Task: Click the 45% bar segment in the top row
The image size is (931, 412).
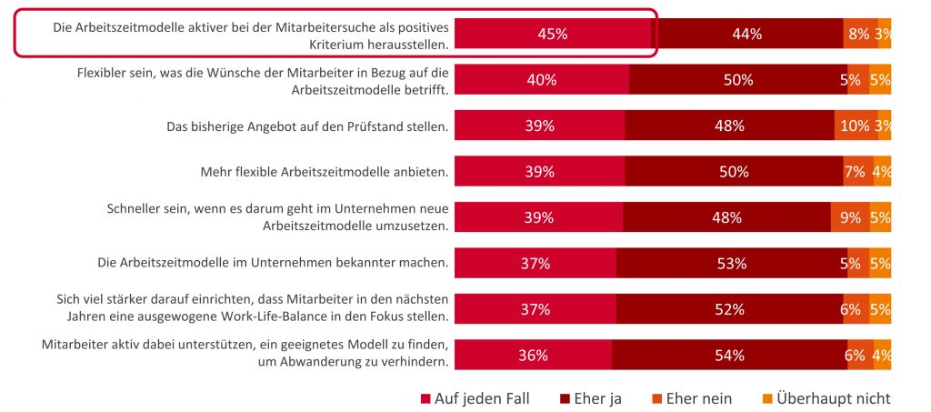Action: pyautogui.click(x=553, y=34)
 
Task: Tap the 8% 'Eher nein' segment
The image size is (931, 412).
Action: pyautogui.click(x=859, y=34)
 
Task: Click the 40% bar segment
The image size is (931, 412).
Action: pyautogui.click(x=542, y=80)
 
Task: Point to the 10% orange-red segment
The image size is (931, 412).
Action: pyautogui.click(x=855, y=126)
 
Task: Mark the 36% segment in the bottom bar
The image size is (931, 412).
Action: pyautogui.click(x=533, y=356)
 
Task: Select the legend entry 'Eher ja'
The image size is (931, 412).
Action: pyautogui.click(x=592, y=398)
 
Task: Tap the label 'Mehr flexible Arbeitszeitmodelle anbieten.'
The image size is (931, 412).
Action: pyautogui.click(x=324, y=172)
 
